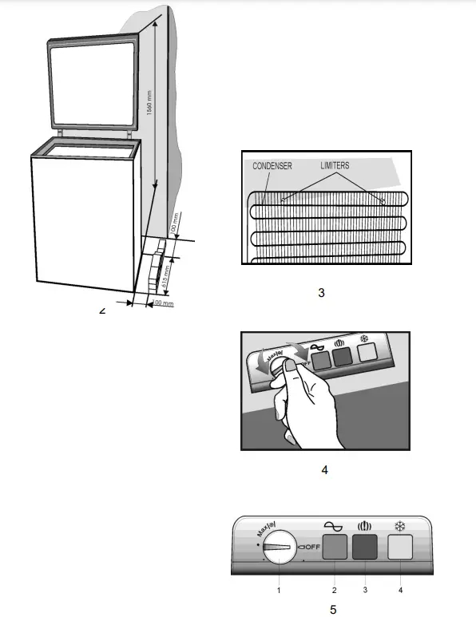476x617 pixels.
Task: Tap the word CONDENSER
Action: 272,166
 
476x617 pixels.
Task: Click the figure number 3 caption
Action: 321,293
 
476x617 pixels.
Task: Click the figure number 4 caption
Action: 324,469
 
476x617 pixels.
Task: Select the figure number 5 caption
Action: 332,610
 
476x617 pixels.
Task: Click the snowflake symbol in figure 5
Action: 399,526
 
